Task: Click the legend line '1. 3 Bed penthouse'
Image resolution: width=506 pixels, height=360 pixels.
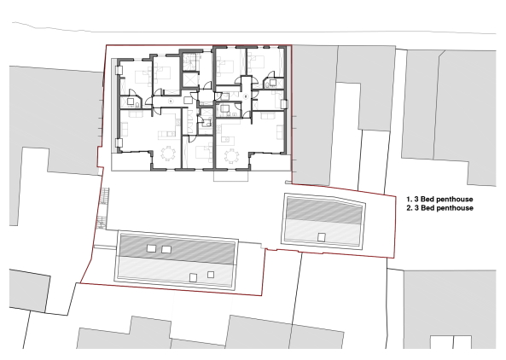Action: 439,200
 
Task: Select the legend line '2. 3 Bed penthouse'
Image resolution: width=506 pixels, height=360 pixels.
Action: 439,208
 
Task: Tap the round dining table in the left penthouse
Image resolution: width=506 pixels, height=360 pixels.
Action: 168,154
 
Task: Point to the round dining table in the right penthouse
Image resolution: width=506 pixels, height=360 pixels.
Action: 232,156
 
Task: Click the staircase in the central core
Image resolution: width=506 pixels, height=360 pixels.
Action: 189,62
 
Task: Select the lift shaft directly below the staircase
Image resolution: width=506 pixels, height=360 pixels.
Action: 189,79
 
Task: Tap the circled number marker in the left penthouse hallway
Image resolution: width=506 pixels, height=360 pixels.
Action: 171,101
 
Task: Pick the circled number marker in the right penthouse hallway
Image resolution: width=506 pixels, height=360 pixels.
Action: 246,96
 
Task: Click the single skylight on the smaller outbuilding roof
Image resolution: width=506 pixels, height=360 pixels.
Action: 321,237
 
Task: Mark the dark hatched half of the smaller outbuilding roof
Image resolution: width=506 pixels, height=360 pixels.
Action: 324,211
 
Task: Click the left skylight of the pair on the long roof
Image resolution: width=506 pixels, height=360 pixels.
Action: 151,248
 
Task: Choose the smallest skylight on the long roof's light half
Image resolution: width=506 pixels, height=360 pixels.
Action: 211,275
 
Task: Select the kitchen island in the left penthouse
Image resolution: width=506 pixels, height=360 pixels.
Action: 166,134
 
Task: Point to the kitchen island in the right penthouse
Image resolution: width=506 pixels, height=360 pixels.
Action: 228,139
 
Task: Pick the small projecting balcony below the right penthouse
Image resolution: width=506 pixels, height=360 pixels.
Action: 230,176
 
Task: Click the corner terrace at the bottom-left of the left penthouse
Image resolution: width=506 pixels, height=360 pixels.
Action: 131,162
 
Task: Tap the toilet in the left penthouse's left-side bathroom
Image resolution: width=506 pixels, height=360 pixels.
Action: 137,104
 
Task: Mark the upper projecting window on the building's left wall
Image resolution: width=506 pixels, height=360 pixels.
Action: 119,71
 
